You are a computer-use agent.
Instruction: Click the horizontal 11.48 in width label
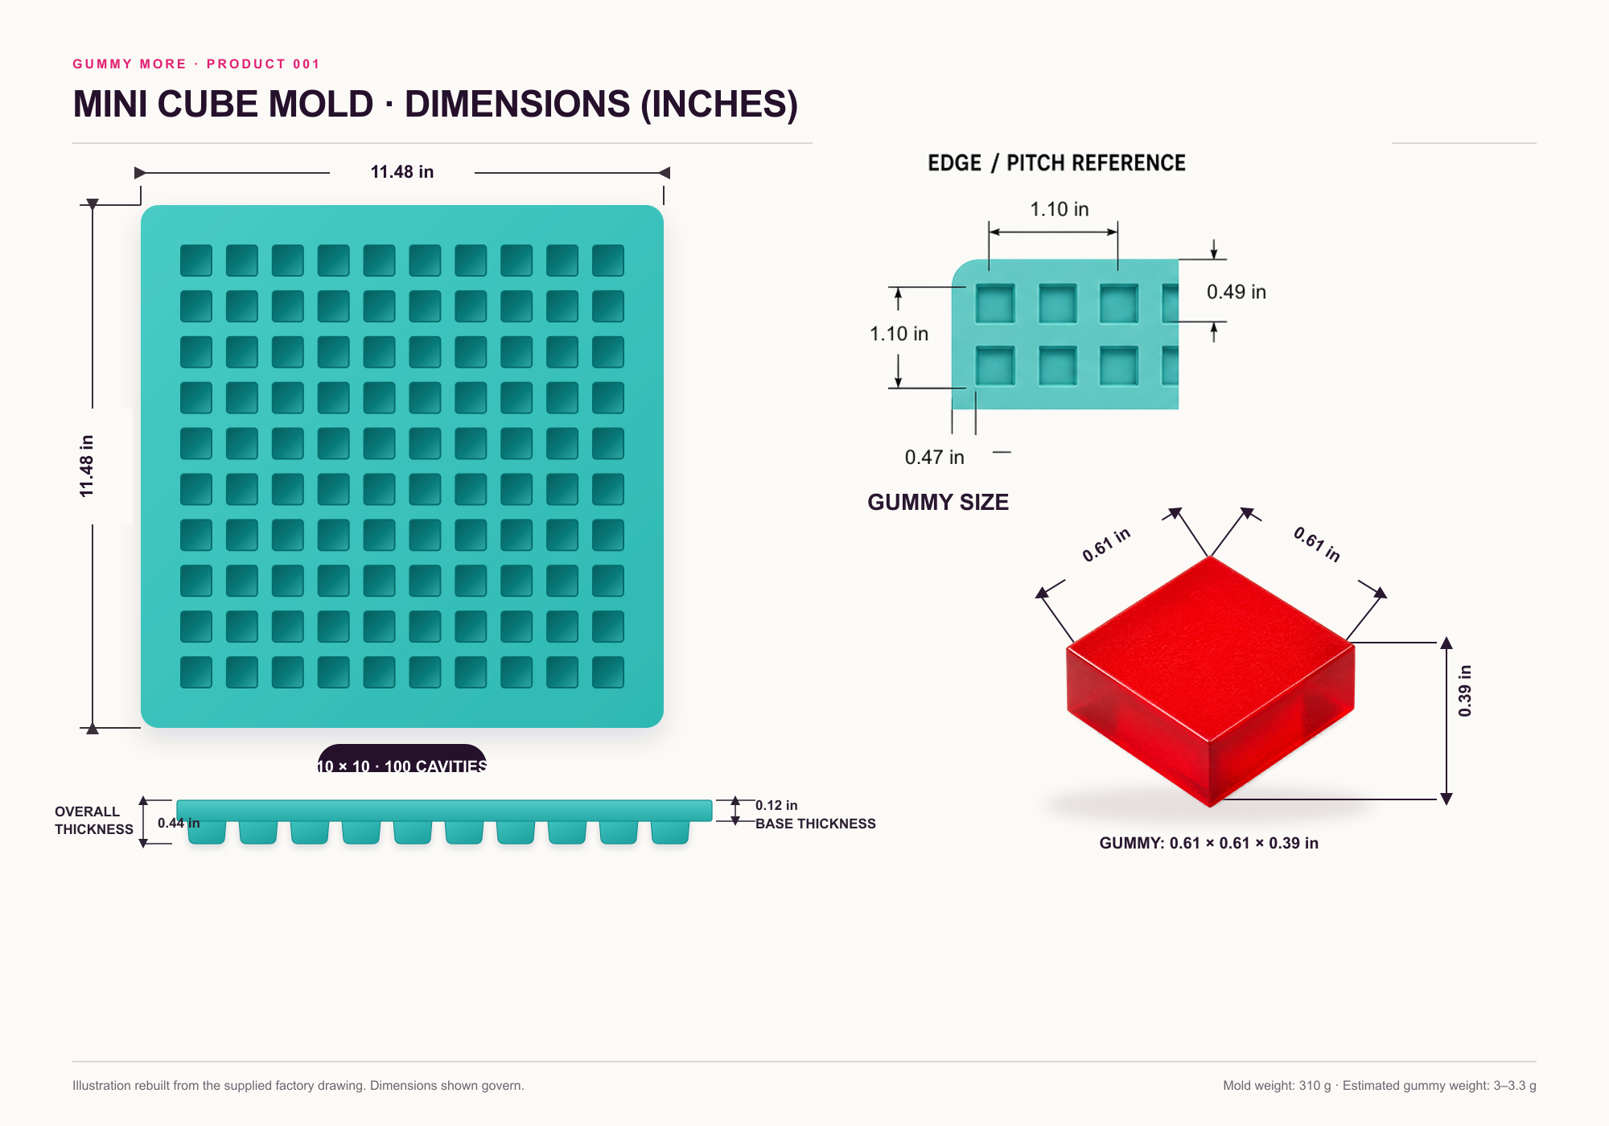[x=401, y=172]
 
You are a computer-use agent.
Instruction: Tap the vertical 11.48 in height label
[x=87, y=466]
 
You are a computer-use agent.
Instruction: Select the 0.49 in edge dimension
[x=1236, y=292]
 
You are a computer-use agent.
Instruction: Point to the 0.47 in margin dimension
[x=934, y=458]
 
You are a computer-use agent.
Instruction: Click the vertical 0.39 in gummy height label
[x=1465, y=691]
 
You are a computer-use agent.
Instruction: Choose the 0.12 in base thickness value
[x=776, y=805]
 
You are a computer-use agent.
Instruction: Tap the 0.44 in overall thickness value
[x=179, y=823]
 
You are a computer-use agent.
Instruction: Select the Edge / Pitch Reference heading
[x=1056, y=163]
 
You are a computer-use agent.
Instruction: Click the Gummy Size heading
[x=938, y=503]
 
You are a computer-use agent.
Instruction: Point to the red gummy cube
[x=1210, y=680]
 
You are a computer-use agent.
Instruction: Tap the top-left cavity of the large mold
[x=196, y=261]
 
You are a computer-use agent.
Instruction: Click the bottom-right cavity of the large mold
[x=608, y=672]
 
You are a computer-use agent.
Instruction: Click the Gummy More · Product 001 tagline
[x=196, y=64]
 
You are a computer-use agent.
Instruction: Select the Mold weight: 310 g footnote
[x=1277, y=1086]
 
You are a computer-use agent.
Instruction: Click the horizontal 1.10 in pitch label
[x=1060, y=209]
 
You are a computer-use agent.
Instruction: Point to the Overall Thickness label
[x=94, y=820]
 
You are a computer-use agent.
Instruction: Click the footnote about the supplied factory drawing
[x=298, y=1086]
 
